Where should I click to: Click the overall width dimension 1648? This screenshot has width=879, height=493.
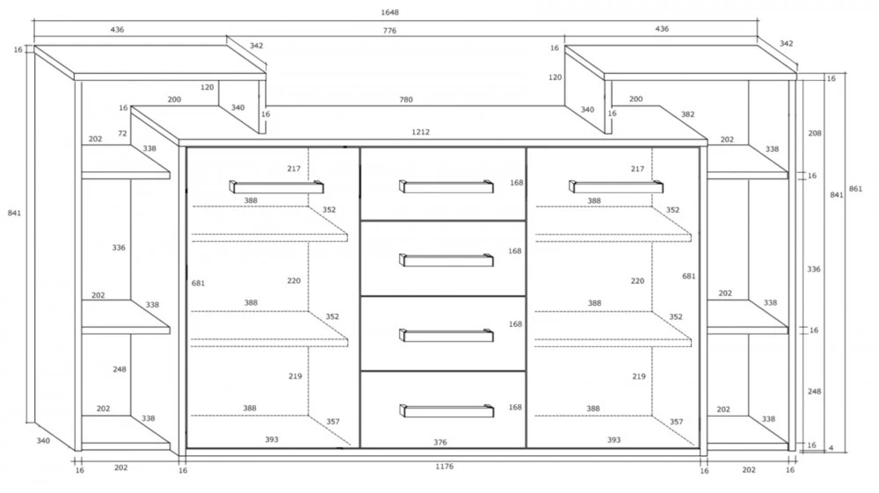389,12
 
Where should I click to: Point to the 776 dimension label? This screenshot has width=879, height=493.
389,31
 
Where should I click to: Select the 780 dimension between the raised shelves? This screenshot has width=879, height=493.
406,99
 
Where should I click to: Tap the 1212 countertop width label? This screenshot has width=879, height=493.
420,132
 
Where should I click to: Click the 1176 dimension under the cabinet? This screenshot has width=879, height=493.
444,467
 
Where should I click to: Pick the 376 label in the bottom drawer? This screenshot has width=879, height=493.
440,443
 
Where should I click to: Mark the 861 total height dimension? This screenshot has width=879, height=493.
855,189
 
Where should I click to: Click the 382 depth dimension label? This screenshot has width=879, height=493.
688,114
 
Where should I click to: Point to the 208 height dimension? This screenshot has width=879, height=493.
815,134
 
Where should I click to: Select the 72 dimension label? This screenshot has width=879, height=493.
123,134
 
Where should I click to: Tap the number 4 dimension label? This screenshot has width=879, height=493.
831,448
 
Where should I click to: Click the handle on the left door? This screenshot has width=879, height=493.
276,186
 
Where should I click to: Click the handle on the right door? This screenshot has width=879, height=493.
615,186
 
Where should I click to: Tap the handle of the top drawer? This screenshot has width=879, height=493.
447,186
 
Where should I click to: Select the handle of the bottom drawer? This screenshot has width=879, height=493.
447,410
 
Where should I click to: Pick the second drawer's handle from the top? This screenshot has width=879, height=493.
447,260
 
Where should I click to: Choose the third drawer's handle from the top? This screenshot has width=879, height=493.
447,335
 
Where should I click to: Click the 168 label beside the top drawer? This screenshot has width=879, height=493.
516,183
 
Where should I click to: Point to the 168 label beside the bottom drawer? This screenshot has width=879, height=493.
515,407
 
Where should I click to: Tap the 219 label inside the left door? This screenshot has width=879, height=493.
295,376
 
